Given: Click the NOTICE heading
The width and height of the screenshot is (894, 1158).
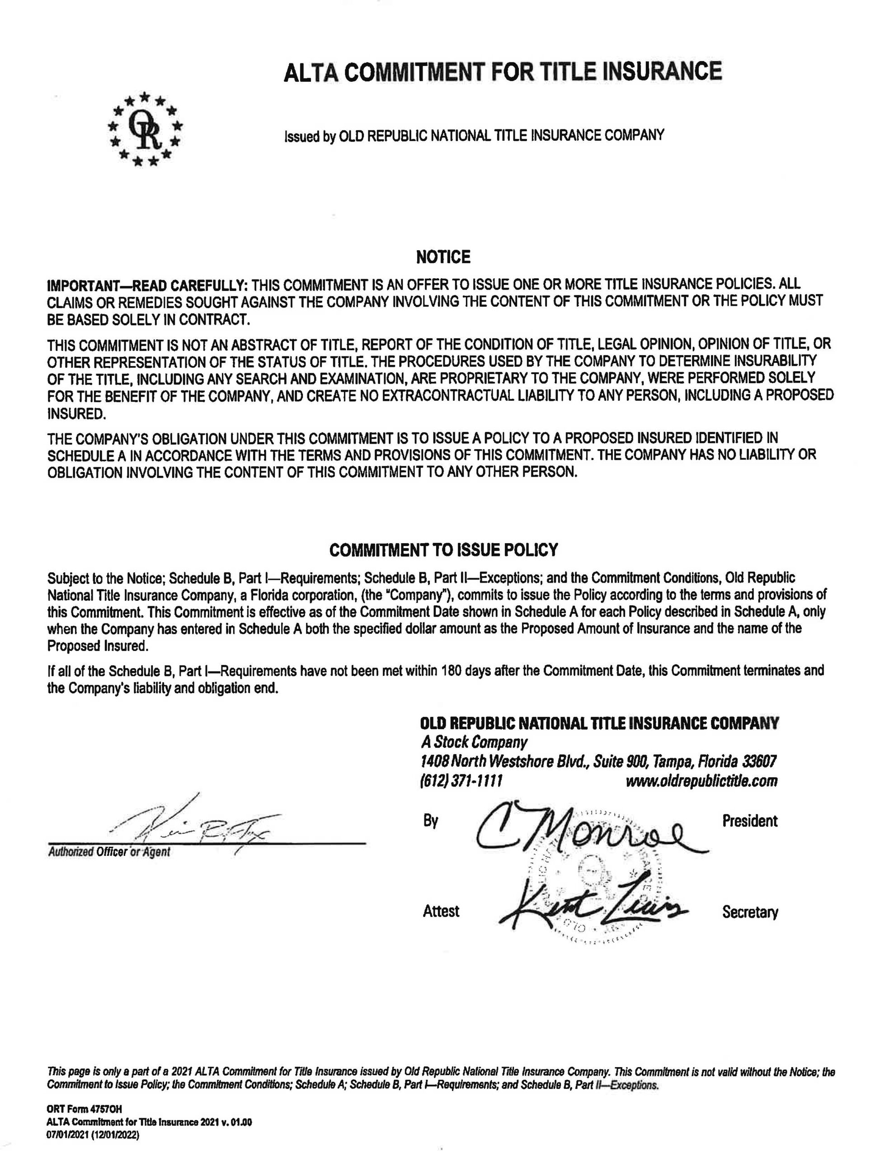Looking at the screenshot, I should tap(443, 257).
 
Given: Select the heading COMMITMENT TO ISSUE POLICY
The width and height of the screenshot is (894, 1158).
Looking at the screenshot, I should tap(443, 550).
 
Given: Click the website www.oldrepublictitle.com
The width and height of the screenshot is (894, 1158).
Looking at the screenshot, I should tap(701, 780).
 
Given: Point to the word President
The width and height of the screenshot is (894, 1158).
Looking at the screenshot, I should tap(749, 821).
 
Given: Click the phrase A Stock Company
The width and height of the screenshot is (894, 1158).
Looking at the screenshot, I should tap(474, 742).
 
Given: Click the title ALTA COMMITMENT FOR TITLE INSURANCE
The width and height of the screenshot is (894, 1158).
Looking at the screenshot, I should tap(503, 71).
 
